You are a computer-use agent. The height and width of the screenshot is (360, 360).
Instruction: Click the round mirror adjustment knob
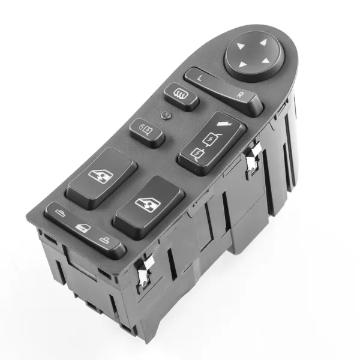click(254, 56)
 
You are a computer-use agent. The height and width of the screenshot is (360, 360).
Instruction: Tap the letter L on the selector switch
click(200, 78)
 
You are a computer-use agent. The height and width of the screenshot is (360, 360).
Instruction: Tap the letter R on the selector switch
click(240, 94)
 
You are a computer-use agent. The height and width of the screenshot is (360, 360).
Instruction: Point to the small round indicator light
click(166, 115)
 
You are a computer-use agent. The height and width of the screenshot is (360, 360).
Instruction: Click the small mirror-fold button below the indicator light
click(147, 133)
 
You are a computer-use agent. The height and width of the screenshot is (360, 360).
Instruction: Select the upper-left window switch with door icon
click(101, 178)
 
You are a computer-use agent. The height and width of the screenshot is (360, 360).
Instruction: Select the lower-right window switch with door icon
click(149, 207)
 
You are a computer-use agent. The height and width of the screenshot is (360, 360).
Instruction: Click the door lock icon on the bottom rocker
click(83, 228)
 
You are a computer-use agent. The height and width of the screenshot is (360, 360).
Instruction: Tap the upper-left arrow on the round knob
click(241, 46)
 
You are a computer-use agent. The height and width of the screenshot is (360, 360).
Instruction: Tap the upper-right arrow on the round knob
click(264, 42)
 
